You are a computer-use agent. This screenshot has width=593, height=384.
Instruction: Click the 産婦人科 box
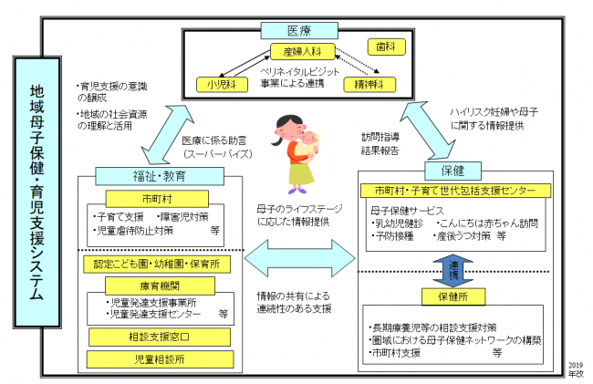(298, 53)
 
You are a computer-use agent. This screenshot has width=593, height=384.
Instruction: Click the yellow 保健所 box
(453, 296)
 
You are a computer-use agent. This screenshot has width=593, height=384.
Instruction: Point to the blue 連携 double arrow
(453, 267)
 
